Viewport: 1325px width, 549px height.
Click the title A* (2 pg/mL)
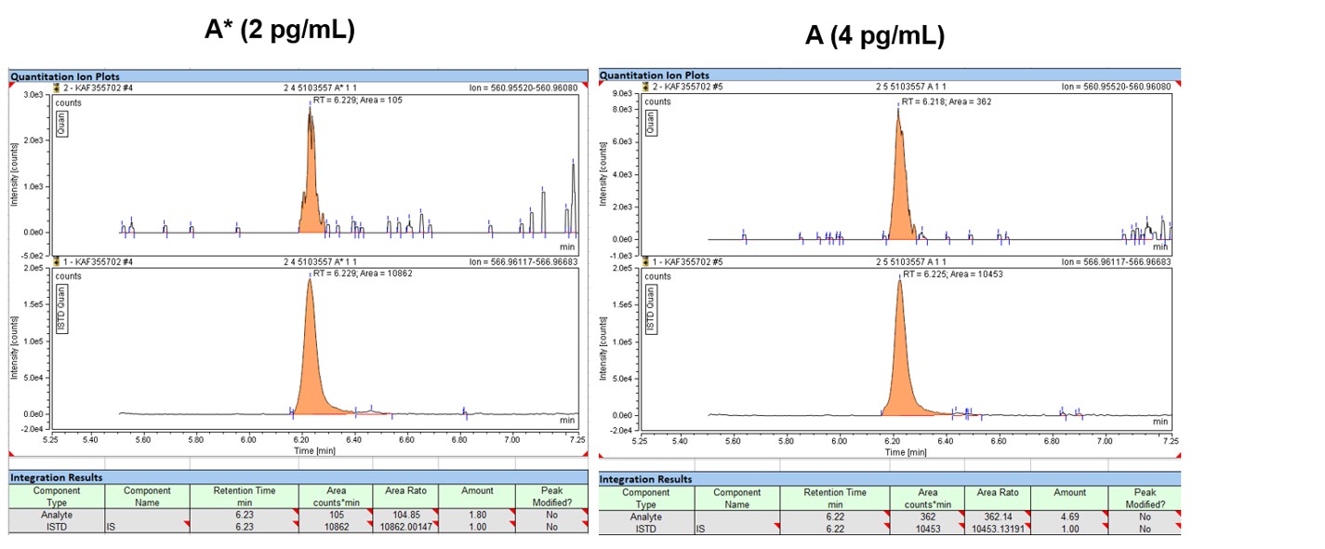279,30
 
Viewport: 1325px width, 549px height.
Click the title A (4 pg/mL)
874,36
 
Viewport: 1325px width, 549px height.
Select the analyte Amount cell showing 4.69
1069,517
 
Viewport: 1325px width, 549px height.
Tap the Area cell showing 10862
336,526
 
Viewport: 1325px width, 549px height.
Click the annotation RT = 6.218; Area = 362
947,101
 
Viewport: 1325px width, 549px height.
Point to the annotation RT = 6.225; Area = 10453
953,274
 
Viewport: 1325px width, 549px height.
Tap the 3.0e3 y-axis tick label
32,95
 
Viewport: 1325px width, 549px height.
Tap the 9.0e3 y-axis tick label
621,94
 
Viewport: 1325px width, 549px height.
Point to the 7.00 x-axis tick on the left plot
511,438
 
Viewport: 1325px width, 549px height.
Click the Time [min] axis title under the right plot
905,452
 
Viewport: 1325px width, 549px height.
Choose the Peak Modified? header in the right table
1144,498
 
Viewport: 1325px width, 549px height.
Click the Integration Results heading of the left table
56,477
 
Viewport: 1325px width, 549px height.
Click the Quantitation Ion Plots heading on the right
654,75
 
